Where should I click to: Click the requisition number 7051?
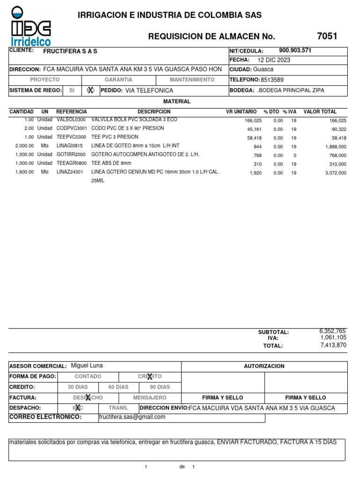[327, 36]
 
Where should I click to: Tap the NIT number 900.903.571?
[295, 51]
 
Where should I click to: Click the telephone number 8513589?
[272, 80]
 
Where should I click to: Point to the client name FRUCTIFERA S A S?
[70, 51]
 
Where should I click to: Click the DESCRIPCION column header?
[154, 112]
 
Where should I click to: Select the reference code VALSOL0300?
[71, 120]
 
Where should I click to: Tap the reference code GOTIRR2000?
[71, 154]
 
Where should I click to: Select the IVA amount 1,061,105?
[333, 337]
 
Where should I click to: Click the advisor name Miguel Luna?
[87, 366]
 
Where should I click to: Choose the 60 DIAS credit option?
[118, 387]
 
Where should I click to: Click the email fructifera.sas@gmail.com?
[133, 417]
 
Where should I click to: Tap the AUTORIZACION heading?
[264, 366]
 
